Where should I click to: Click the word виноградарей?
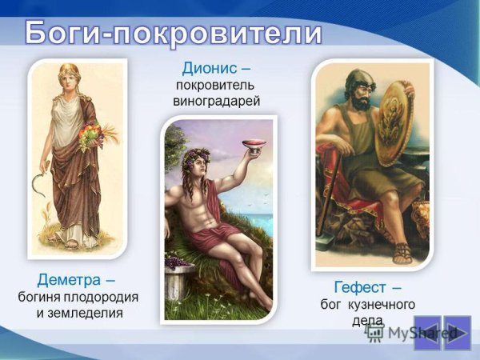pyautogui.click(x=217, y=102)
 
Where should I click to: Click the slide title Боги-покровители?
pyautogui.click(x=173, y=34)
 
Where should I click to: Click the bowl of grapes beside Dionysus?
pyautogui.click(x=177, y=263)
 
